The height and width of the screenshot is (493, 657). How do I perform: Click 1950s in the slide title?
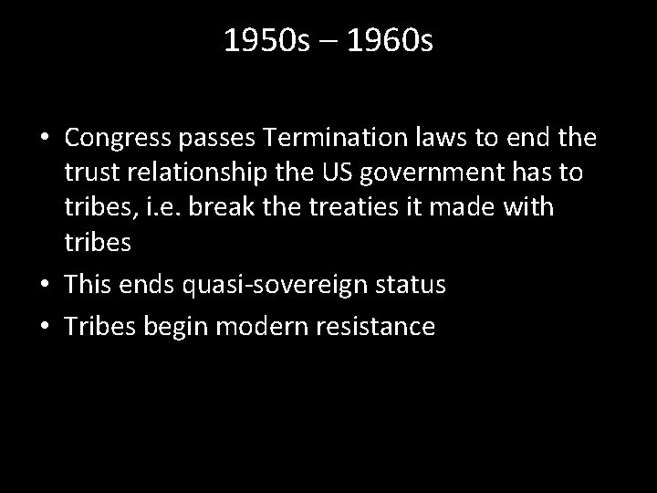pos(259,42)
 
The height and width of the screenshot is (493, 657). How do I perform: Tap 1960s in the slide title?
pos(391,42)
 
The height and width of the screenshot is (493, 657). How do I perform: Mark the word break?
pos(204,207)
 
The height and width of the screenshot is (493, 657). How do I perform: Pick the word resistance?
pos(381,326)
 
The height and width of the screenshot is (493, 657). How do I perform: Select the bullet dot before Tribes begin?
pos(45,327)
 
